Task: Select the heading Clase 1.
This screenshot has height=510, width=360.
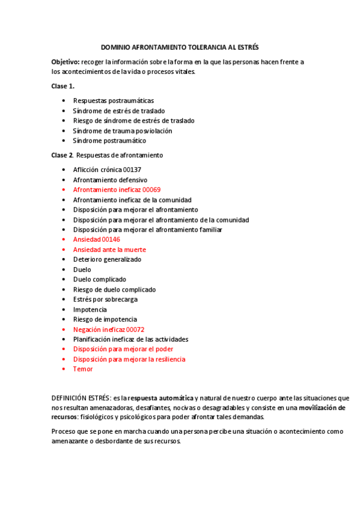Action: [63, 86]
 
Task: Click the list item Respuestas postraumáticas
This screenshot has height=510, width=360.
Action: [114, 100]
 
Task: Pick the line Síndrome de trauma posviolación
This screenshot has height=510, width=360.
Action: [123, 131]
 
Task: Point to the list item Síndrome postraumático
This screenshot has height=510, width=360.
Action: [109, 141]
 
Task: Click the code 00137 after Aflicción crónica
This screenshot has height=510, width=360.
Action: [132, 170]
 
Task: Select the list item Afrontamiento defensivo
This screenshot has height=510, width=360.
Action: [110, 180]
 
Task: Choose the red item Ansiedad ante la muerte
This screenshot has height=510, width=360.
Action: [109, 250]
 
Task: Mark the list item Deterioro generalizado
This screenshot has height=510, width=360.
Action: [107, 259]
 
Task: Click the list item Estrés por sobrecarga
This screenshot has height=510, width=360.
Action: [105, 299]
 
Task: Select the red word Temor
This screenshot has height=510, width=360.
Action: [83, 369]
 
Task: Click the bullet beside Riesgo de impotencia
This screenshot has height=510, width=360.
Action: [64, 319]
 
